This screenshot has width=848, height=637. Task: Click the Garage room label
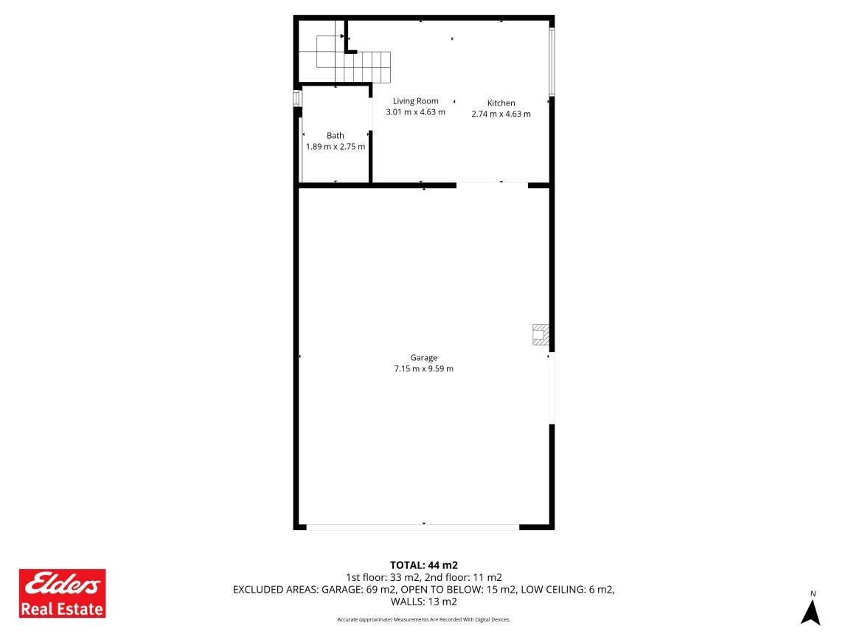point(423,358)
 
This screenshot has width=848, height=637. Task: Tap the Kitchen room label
point(501,103)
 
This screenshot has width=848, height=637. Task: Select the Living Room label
point(415,101)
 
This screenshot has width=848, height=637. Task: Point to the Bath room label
point(336,135)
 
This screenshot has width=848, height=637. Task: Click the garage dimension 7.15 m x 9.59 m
point(423,369)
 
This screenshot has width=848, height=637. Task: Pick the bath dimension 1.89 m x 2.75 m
point(336,147)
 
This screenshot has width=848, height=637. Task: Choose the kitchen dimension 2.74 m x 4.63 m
point(501,114)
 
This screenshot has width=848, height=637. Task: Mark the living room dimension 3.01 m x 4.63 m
point(415,113)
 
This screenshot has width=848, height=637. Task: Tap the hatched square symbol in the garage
point(541,334)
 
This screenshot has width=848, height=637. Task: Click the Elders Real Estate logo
point(62,593)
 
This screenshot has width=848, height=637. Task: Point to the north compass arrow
point(810,613)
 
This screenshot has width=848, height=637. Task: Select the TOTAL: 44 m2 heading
point(424,565)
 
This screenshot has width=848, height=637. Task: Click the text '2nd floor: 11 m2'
point(464,577)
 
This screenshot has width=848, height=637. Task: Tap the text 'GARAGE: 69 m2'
point(359,589)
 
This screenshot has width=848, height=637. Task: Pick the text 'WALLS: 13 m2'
point(424,602)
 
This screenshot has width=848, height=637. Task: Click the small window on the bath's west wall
point(296,98)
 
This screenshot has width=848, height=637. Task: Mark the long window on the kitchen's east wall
point(552,62)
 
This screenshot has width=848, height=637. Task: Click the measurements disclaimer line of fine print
point(424,620)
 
